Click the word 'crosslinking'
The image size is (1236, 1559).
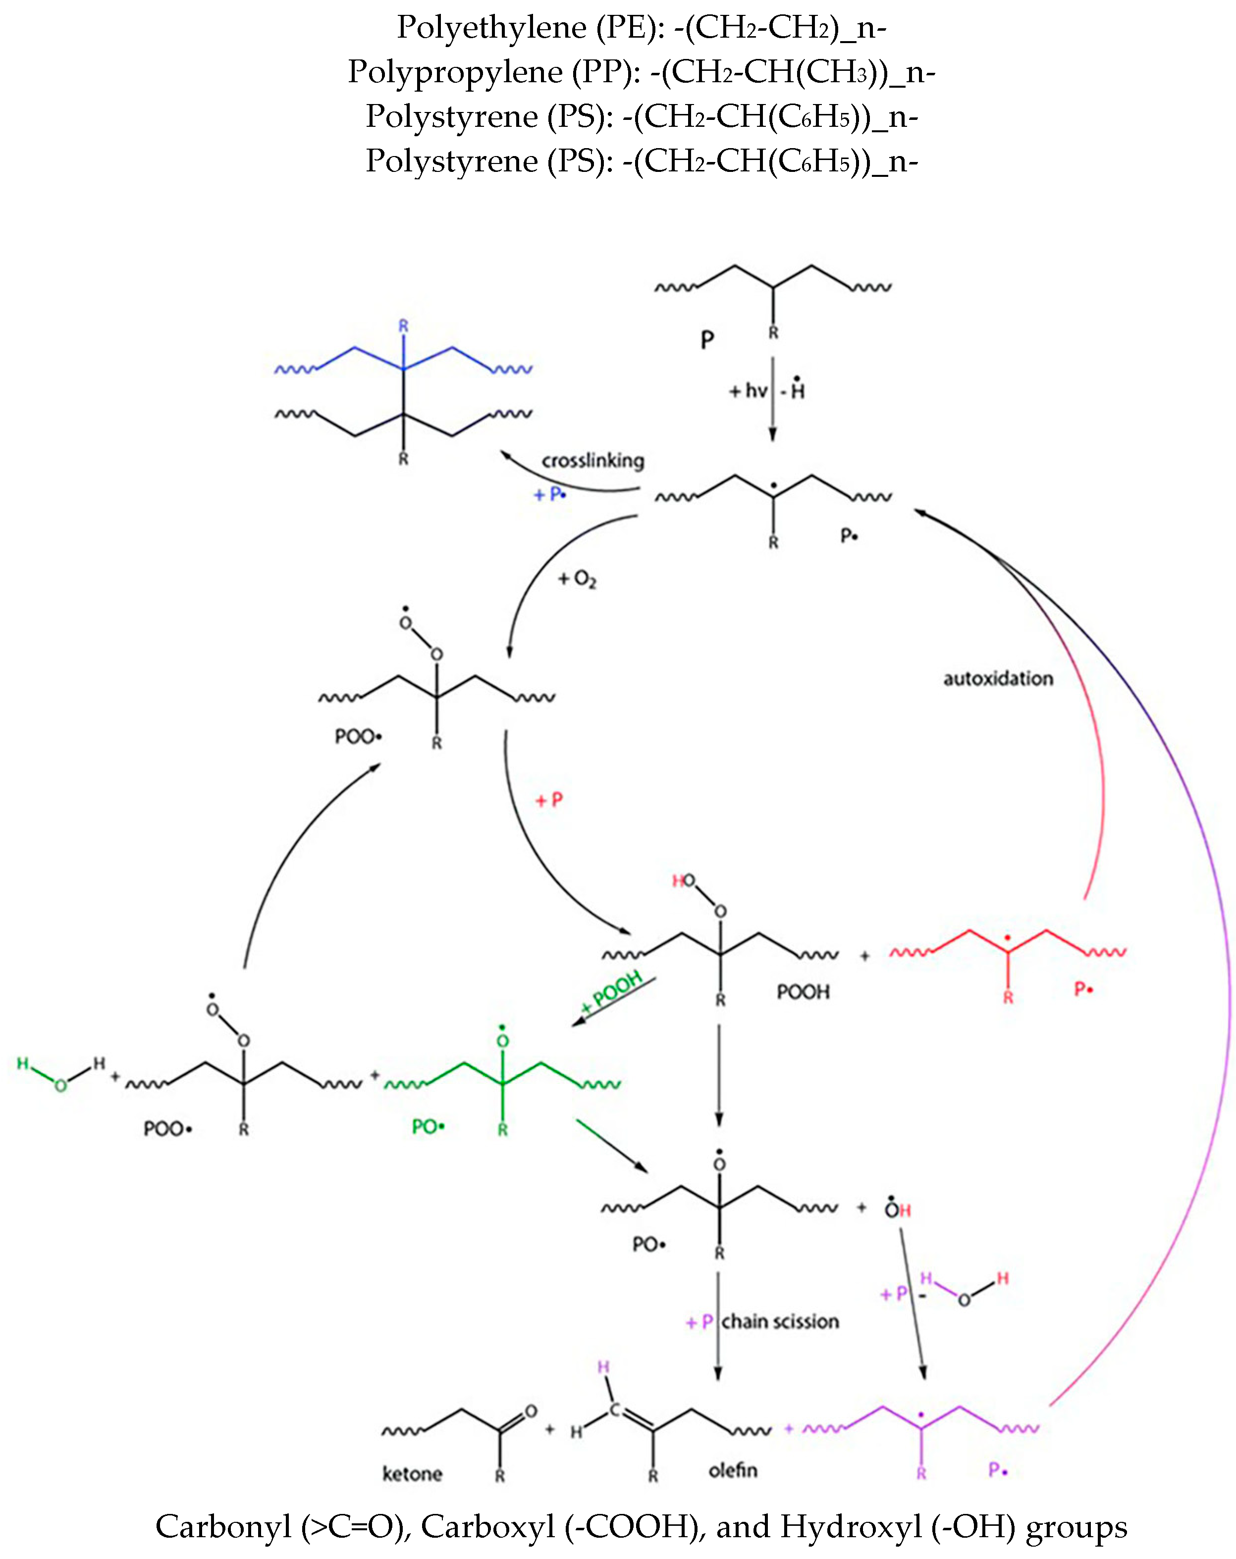pos(592,461)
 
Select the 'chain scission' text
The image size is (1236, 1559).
pos(780,1321)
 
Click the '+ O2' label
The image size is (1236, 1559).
pos(577,579)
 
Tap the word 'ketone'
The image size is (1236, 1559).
pos(412,1473)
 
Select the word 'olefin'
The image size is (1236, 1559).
pos(733,1469)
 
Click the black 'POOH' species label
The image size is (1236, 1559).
pos(803,991)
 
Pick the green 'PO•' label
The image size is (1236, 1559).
pos(428,1126)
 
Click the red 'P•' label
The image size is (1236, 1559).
pos(1083,988)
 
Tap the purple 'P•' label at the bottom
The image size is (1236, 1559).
pos(998,1469)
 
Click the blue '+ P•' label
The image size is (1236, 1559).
pos(550,494)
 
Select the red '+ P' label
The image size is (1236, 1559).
pos(548,800)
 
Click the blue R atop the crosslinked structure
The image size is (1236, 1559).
pos(404,326)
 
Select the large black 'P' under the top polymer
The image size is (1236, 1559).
pos(707,339)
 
